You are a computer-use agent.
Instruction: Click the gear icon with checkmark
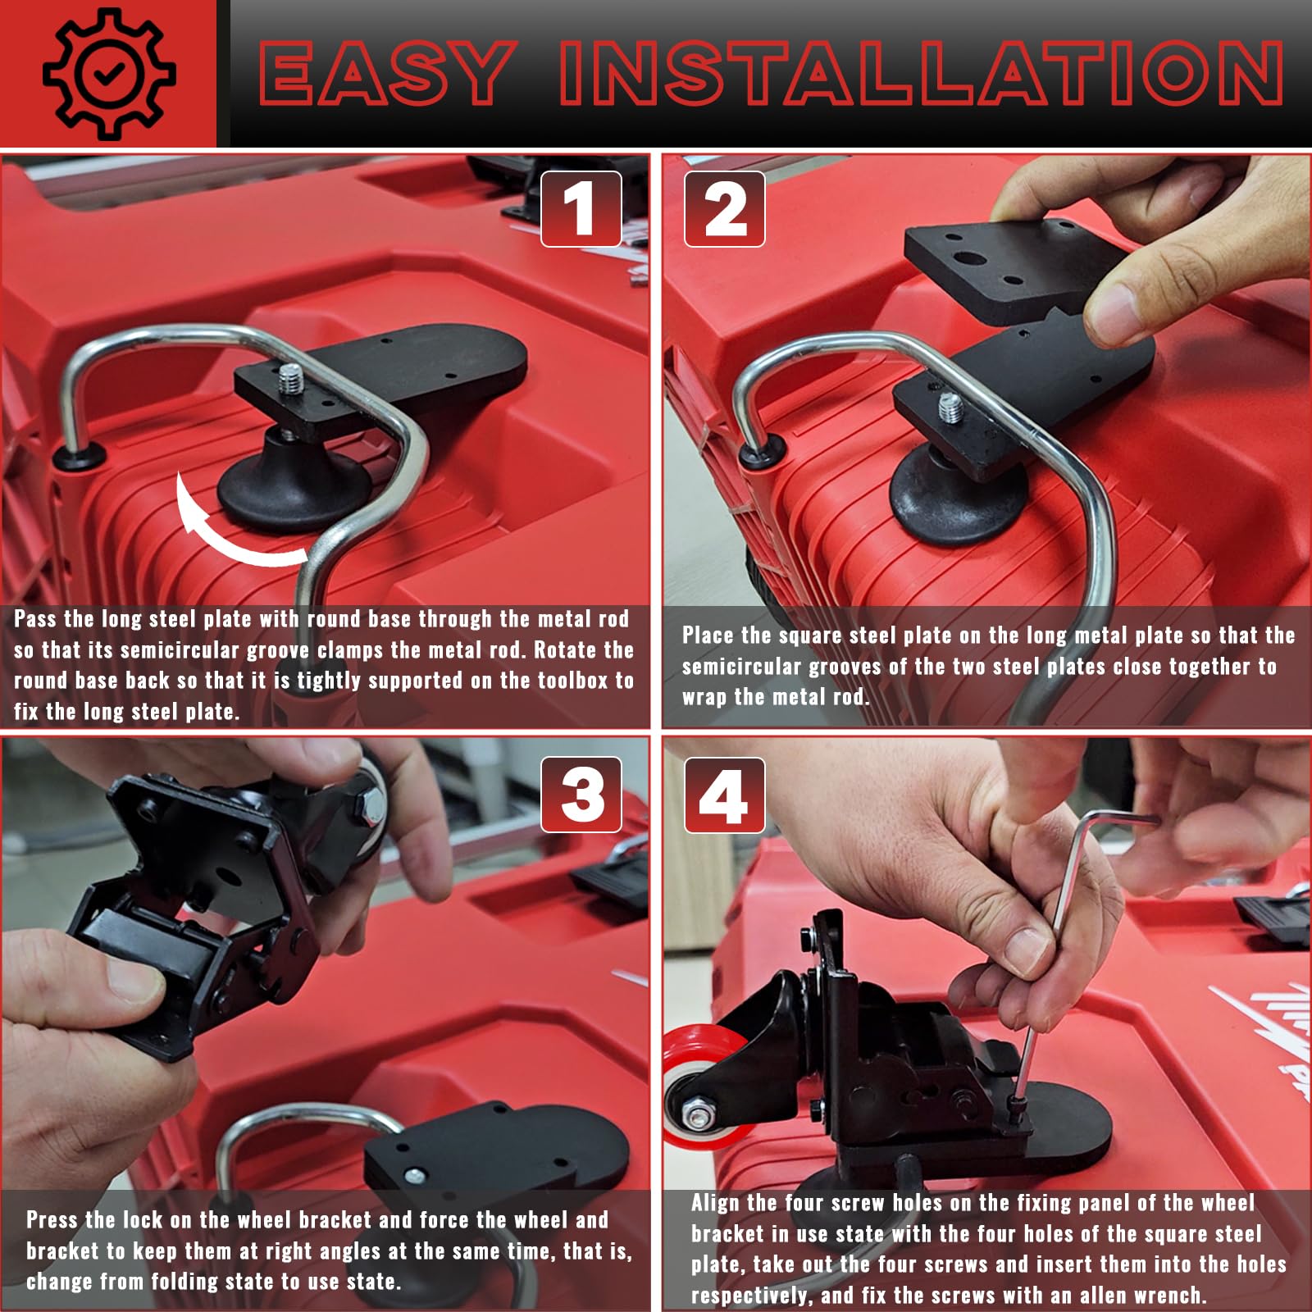108,74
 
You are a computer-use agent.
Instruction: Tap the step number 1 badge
581,209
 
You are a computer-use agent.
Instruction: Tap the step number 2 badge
725,209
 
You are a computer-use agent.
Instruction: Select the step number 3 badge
581,795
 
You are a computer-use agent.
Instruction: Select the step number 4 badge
724,795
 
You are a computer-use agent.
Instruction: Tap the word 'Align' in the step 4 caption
720,1203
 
